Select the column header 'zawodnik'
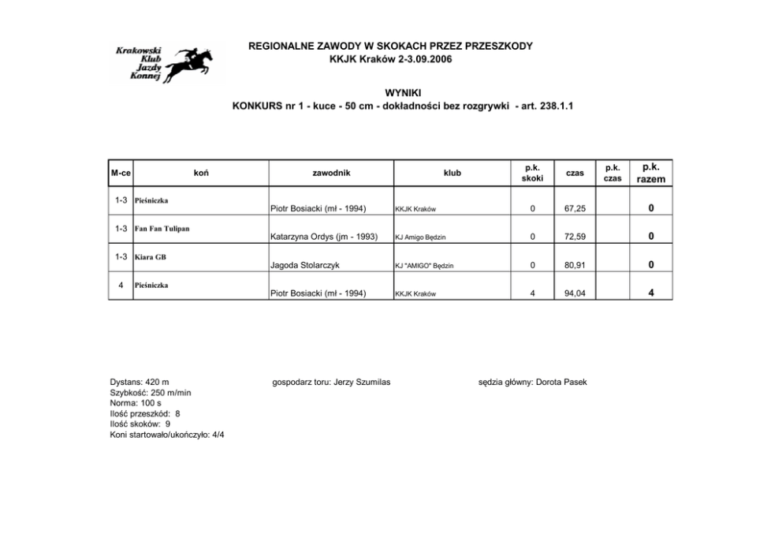331,173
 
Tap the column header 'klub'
452,173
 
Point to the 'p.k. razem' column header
650,173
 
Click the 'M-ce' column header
121,173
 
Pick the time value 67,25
575,209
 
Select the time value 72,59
575,237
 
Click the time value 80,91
575,265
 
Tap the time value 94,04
575,293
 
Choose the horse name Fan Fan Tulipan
162,229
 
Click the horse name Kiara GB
151,257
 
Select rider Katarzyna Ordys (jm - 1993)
324,237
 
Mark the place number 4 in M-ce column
120,285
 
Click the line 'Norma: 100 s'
136,403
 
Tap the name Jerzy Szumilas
362,383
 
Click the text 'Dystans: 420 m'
140,383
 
